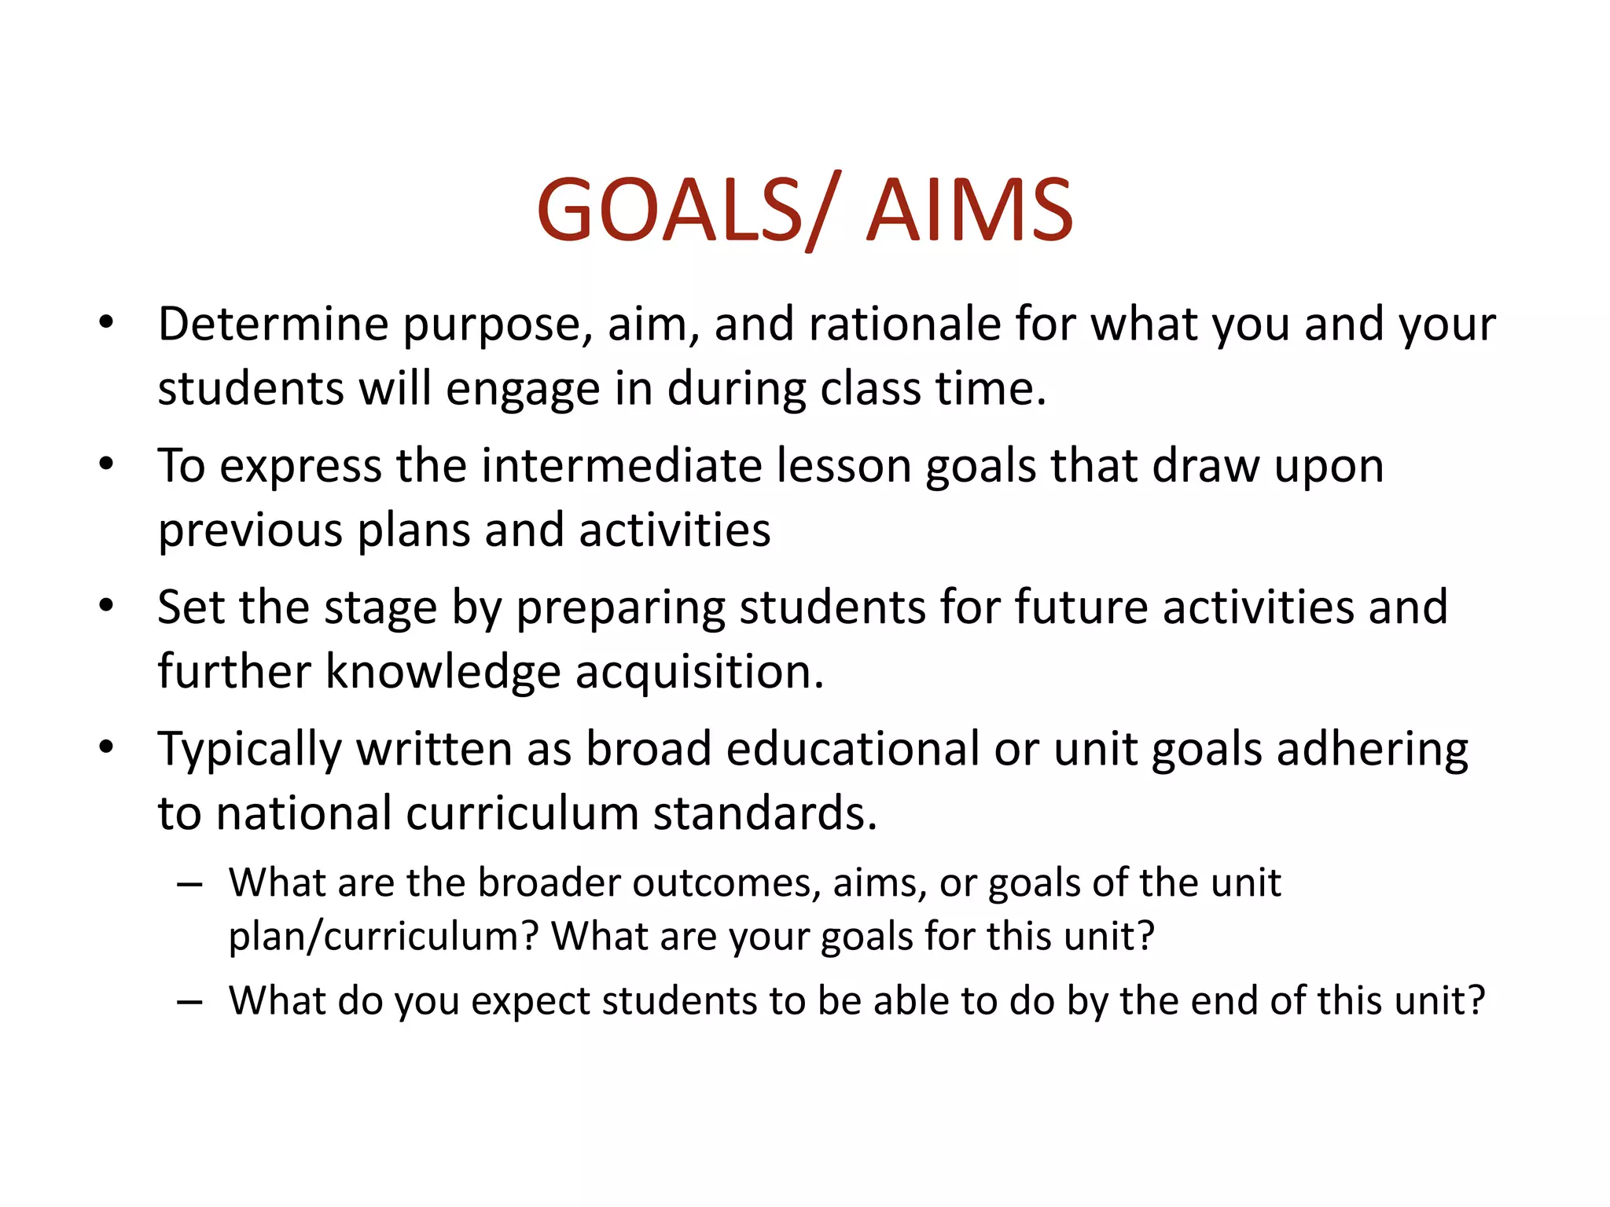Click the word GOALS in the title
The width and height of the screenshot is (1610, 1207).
[x=668, y=211]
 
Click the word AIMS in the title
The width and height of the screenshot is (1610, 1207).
[x=969, y=211]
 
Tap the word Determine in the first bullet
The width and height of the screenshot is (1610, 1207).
[x=274, y=324]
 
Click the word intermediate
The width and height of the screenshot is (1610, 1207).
[x=621, y=465]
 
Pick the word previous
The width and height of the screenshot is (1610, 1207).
[x=250, y=531]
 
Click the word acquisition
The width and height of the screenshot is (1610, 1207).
[x=700, y=673]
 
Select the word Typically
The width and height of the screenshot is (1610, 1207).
[x=250, y=750]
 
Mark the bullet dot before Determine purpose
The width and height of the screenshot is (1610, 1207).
[x=106, y=322]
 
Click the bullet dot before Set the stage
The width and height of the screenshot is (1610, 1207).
[x=106, y=606]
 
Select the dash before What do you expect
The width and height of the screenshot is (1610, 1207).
[x=189, y=1002]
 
